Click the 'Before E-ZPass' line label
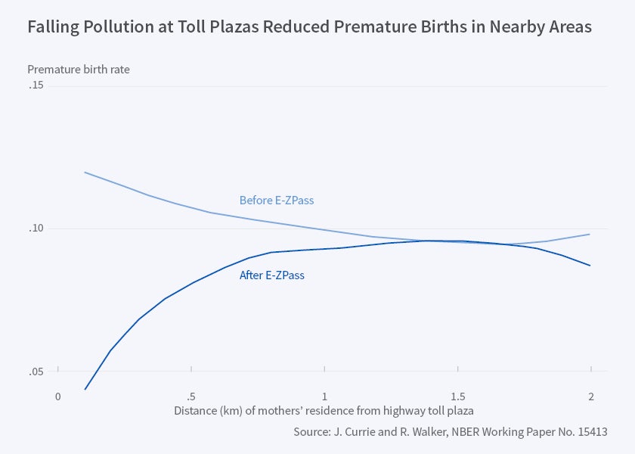pos(276,201)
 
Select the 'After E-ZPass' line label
pos(271,275)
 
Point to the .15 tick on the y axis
pos(36,86)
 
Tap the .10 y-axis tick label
pos(36,229)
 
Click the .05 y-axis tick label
pos(36,372)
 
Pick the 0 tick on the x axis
pos(57,396)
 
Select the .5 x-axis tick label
pos(190,396)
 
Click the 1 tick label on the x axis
pos(324,396)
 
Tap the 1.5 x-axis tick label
pos(457,396)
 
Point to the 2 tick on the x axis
pos(590,396)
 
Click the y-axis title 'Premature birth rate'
pos(79,70)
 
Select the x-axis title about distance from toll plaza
pos(324,412)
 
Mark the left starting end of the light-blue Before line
pos(85,173)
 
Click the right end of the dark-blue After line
pos(590,266)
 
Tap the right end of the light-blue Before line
pos(590,234)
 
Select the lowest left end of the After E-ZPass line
pos(85,389)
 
